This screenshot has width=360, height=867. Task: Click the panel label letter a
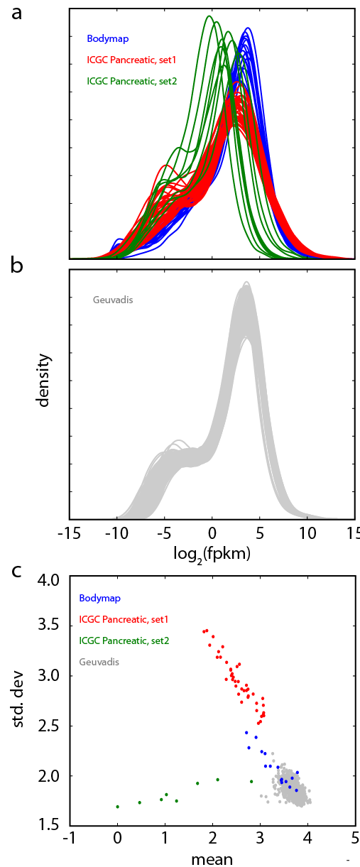click(16, 14)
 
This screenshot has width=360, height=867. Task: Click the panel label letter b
click(17, 266)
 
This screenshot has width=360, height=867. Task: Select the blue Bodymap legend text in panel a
click(108, 39)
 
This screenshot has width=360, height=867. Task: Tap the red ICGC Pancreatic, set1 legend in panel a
click(131, 60)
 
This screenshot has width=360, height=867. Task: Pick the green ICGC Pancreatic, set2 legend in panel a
click(131, 81)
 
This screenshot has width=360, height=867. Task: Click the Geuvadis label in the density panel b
click(113, 300)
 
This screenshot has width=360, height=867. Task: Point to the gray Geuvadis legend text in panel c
click(99, 662)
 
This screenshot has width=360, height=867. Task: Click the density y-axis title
click(44, 380)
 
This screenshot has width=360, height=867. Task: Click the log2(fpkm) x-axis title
click(212, 555)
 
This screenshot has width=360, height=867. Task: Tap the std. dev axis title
click(18, 699)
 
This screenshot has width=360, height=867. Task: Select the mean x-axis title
click(212, 859)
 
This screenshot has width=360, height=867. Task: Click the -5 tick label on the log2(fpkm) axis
click(164, 533)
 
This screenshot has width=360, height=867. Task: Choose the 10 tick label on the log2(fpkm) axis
click(307, 533)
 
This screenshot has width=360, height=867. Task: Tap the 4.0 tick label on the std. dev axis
click(48, 580)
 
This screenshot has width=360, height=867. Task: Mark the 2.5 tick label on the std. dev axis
click(48, 726)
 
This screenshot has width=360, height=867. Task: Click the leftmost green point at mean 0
click(118, 807)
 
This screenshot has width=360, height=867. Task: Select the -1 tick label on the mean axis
click(70, 838)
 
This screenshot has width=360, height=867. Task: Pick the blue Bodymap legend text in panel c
click(100, 598)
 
